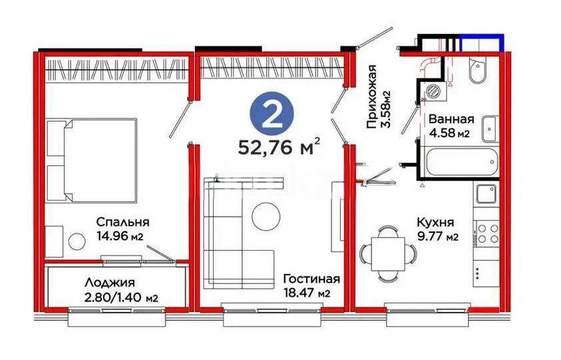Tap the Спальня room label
pyautogui.click(x=122, y=222)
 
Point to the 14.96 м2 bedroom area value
pyautogui.click(x=120, y=236)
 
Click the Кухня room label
pyautogui.click(x=435, y=223)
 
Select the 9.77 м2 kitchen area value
pyautogui.click(x=437, y=237)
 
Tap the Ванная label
pyautogui.click(x=451, y=120)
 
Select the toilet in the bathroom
pyautogui.click(x=478, y=71)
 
